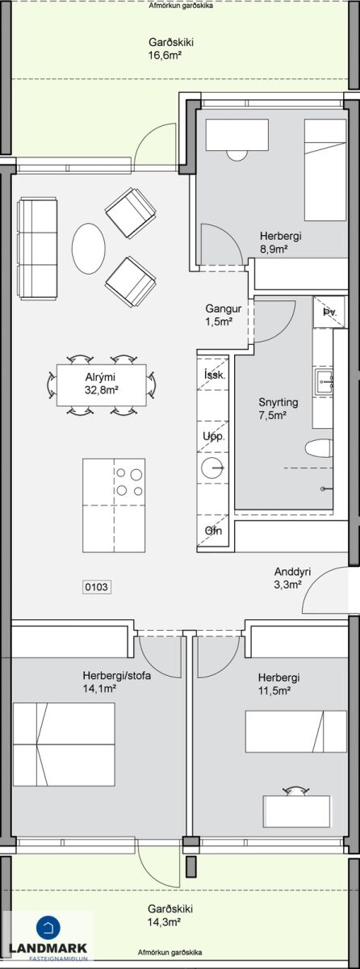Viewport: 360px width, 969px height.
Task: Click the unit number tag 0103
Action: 97,587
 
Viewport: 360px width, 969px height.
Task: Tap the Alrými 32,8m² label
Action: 102,384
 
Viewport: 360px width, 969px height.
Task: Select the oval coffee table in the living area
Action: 88,249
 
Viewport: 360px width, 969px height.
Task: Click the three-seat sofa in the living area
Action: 37,249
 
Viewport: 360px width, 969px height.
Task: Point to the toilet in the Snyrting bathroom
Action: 319,448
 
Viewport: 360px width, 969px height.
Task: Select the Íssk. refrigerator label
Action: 215,375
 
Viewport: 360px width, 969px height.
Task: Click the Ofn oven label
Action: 213,531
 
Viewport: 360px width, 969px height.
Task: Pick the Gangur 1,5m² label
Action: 223,315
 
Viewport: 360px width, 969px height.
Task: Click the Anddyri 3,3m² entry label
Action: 292,578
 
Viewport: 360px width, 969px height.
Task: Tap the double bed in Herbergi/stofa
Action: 64,744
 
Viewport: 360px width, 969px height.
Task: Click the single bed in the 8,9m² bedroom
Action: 325,170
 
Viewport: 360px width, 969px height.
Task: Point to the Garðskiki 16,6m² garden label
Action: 165,48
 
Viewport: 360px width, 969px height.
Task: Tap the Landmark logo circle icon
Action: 48,927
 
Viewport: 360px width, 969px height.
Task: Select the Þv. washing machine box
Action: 329,312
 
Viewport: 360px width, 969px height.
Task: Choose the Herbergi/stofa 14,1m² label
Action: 117,682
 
